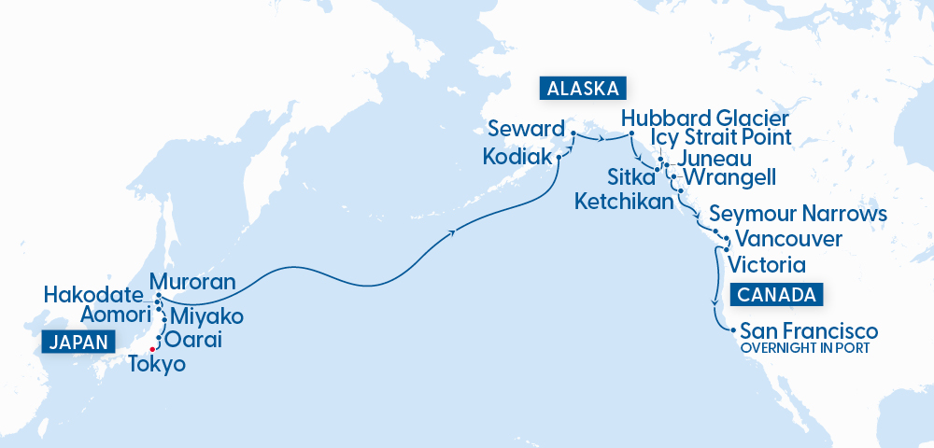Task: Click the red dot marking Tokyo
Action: coord(151,350)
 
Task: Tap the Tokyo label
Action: coord(156,364)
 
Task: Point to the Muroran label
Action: coord(191,280)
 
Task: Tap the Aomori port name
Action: coord(115,314)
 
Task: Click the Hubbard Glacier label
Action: coord(705,119)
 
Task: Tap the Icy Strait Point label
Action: coord(721,137)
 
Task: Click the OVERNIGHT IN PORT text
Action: coord(804,348)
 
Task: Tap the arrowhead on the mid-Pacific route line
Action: coord(455,231)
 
